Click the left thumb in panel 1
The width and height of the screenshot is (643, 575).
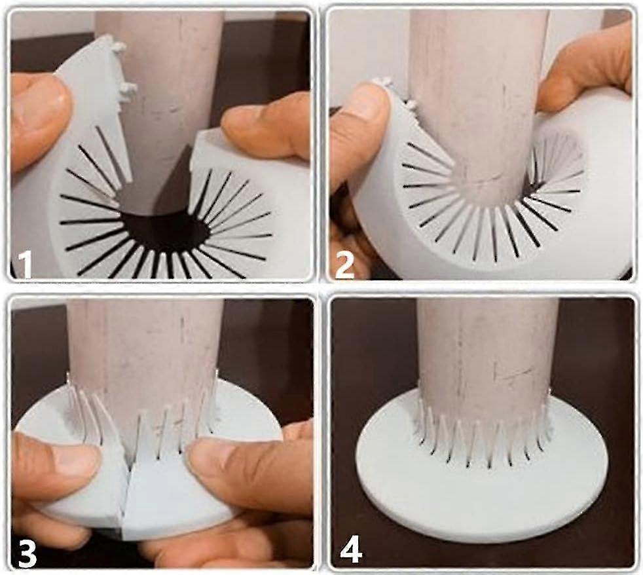point(39,119)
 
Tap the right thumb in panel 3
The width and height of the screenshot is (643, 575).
point(246,472)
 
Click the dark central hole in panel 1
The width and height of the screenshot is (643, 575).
point(164,232)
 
